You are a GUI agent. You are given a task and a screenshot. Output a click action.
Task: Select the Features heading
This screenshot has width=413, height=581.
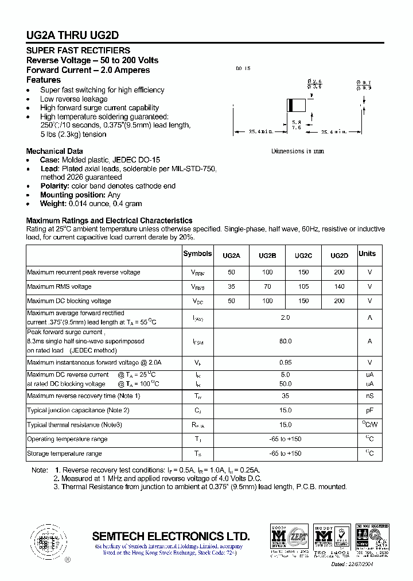(x=44, y=80)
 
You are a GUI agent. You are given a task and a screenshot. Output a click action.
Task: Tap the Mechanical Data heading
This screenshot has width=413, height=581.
(x=54, y=151)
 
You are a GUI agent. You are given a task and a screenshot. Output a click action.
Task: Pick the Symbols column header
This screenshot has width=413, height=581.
(x=197, y=254)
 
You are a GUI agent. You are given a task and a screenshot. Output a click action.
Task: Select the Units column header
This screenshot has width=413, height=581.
(x=367, y=254)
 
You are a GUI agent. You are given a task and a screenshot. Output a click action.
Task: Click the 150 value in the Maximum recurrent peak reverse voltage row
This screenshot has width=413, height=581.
(x=303, y=272)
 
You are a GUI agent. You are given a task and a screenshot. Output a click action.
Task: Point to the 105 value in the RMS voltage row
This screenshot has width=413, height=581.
(x=303, y=286)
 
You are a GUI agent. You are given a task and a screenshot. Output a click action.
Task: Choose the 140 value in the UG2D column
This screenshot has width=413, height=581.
(x=340, y=286)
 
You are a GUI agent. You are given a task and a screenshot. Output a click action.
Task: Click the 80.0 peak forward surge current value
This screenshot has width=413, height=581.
(x=285, y=341)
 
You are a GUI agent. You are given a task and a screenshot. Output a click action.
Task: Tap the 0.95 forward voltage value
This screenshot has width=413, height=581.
(x=285, y=362)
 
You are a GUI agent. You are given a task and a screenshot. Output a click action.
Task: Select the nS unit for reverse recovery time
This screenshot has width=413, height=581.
(x=370, y=396)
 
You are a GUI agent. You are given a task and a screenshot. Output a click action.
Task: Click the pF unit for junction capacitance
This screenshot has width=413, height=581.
(x=370, y=410)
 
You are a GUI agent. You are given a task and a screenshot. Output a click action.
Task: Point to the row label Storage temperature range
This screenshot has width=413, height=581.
(x=64, y=454)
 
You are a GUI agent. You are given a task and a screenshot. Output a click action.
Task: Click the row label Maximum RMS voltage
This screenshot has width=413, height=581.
(x=59, y=286)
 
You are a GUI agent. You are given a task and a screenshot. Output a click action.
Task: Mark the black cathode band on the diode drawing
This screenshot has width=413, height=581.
(x=291, y=105)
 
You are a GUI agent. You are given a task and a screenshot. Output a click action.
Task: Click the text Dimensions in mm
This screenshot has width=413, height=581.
(x=297, y=151)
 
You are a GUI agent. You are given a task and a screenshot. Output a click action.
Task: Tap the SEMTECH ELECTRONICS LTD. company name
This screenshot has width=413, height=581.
(x=171, y=536)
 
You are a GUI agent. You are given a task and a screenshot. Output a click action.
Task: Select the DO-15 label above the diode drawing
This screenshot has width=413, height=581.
(x=243, y=69)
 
